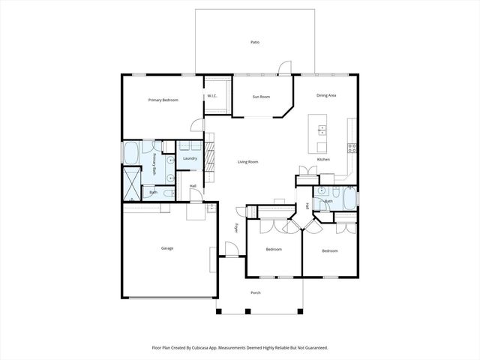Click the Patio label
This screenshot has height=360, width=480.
click(x=255, y=43)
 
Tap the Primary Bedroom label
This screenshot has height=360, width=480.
click(x=163, y=100)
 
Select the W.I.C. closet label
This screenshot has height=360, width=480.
click(x=212, y=96)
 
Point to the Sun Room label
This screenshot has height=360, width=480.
click(x=260, y=97)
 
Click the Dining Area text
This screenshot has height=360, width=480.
click(x=325, y=95)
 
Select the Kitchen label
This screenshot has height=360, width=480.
click(x=323, y=159)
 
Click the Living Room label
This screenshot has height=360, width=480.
click(x=248, y=162)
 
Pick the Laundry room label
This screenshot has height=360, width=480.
click(x=190, y=158)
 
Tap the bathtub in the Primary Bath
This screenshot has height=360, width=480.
click(x=130, y=154)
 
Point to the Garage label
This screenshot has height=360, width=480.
click(x=166, y=248)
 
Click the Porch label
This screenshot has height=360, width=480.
click(x=256, y=292)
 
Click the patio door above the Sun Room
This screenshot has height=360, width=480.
click(x=283, y=70)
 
